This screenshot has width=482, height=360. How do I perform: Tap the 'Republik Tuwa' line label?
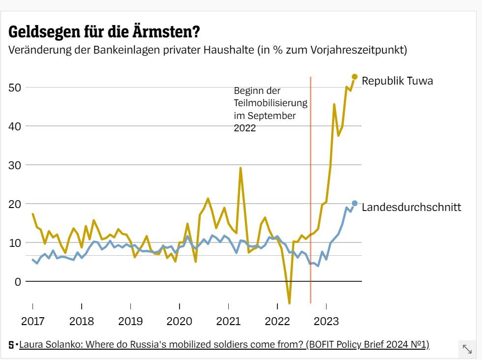point(397,81)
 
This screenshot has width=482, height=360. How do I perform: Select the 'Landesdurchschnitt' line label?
point(411,207)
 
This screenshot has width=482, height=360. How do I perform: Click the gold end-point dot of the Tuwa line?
point(355,77)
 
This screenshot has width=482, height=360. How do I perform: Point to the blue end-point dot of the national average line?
point(355,203)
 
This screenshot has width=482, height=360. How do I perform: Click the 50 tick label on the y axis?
point(17,88)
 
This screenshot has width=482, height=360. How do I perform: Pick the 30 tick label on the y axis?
point(17,165)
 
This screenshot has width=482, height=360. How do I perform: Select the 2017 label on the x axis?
point(32,322)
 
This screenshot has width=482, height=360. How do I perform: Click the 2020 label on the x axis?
point(180,322)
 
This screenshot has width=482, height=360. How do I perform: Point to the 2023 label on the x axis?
point(326,322)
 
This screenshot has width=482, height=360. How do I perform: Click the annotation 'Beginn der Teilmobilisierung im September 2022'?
point(270,110)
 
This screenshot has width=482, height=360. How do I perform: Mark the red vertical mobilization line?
point(310,197)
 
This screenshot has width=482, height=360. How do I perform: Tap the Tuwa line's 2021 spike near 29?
point(241,168)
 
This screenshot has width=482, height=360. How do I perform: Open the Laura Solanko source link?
point(224,344)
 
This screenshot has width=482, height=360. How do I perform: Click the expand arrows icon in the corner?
point(467,349)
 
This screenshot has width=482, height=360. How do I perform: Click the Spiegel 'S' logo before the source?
point(11,345)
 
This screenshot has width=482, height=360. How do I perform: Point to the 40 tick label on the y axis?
point(17,126)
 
